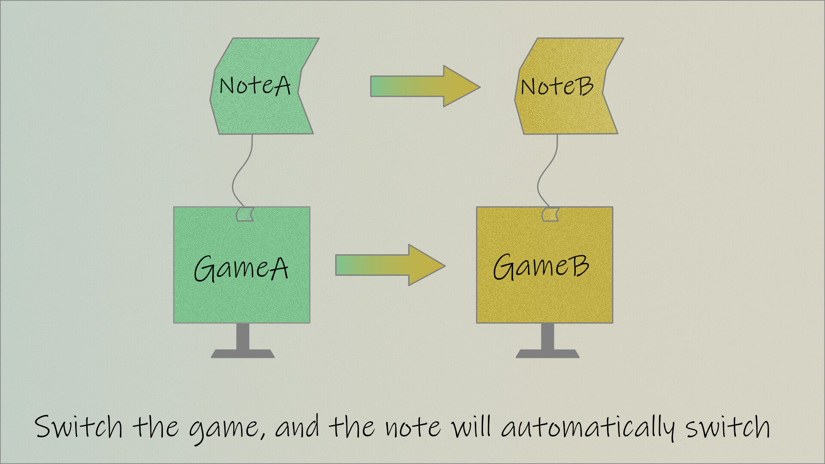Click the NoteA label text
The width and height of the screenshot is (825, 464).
coord(255,85)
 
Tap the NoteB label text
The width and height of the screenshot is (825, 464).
coord(557,86)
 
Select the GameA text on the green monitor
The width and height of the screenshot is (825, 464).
coord(241,269)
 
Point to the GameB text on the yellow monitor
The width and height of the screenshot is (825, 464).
coord(541,267)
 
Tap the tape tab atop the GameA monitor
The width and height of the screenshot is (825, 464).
coord(245,214)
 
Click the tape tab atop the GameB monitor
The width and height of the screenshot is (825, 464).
coord(550,214)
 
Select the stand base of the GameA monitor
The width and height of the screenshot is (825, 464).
coord(243,354)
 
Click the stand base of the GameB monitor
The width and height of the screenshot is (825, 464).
coord(547,354)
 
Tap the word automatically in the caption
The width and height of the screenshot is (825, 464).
coord(588,428)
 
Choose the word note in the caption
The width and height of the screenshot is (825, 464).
coord(412,427)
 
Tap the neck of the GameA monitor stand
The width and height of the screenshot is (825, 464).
coord(243,336)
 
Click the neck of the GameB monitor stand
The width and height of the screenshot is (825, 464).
coord(547,336)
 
